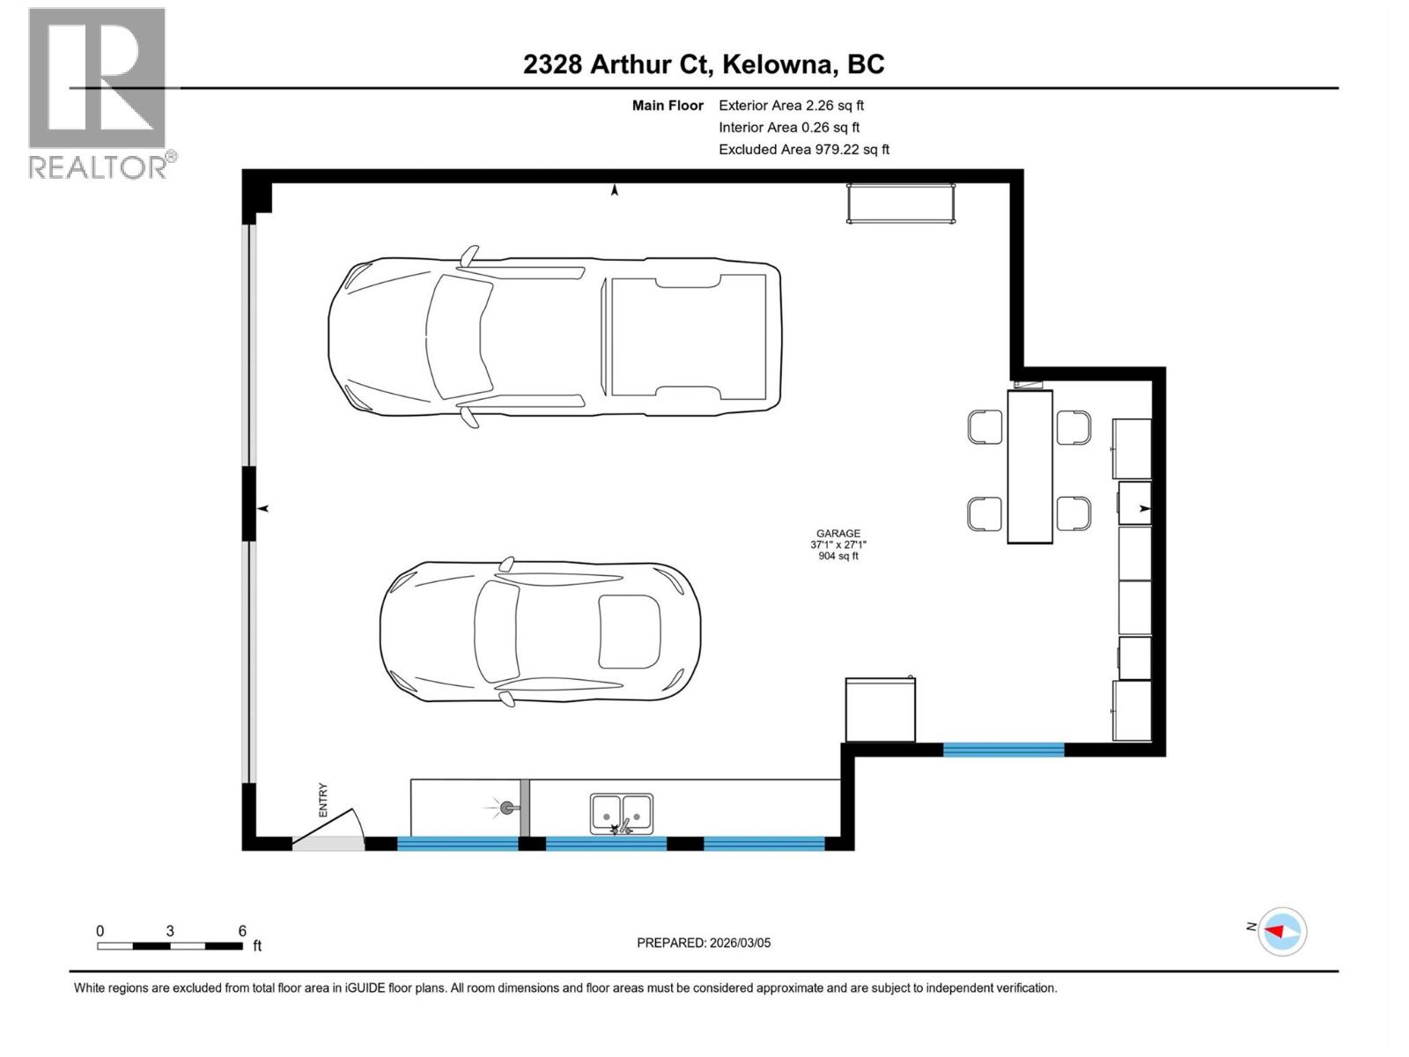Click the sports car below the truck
540,632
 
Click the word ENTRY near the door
323,800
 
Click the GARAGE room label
837,533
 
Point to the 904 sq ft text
837,556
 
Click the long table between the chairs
1029,467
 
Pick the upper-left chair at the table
985,427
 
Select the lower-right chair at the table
1073,514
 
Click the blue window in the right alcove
1003,750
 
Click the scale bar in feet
170,945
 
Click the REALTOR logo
99,92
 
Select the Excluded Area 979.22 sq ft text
803,150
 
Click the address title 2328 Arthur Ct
704,64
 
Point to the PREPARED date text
704,942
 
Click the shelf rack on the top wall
901,203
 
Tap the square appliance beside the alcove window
880,710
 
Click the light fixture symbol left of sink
505,807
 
